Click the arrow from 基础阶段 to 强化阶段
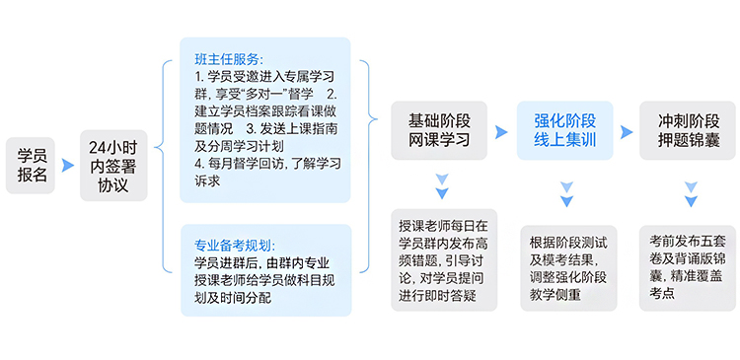(502, 130)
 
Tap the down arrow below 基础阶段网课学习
(441, 186)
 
